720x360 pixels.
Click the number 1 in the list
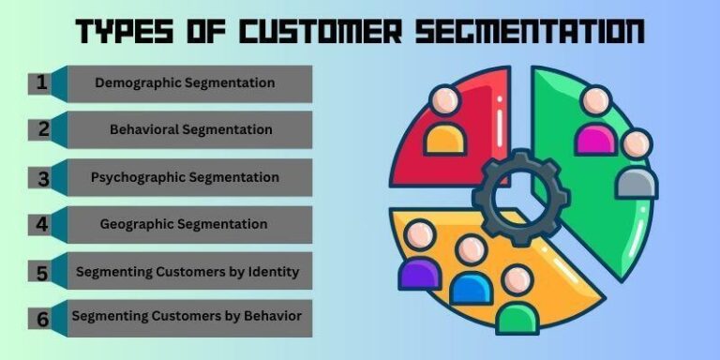click(x=42, y=82)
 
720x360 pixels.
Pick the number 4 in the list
click(x=42, y=224)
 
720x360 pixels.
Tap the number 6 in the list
click(x=42, y=319)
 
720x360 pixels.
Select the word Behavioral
click(x=150, y=129)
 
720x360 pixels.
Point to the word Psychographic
click(x=139, y=176)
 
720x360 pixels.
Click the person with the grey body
click(x=636, y=165)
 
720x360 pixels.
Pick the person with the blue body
click(x=471, y=272)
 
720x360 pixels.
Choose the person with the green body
click(x=517, y=300)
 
